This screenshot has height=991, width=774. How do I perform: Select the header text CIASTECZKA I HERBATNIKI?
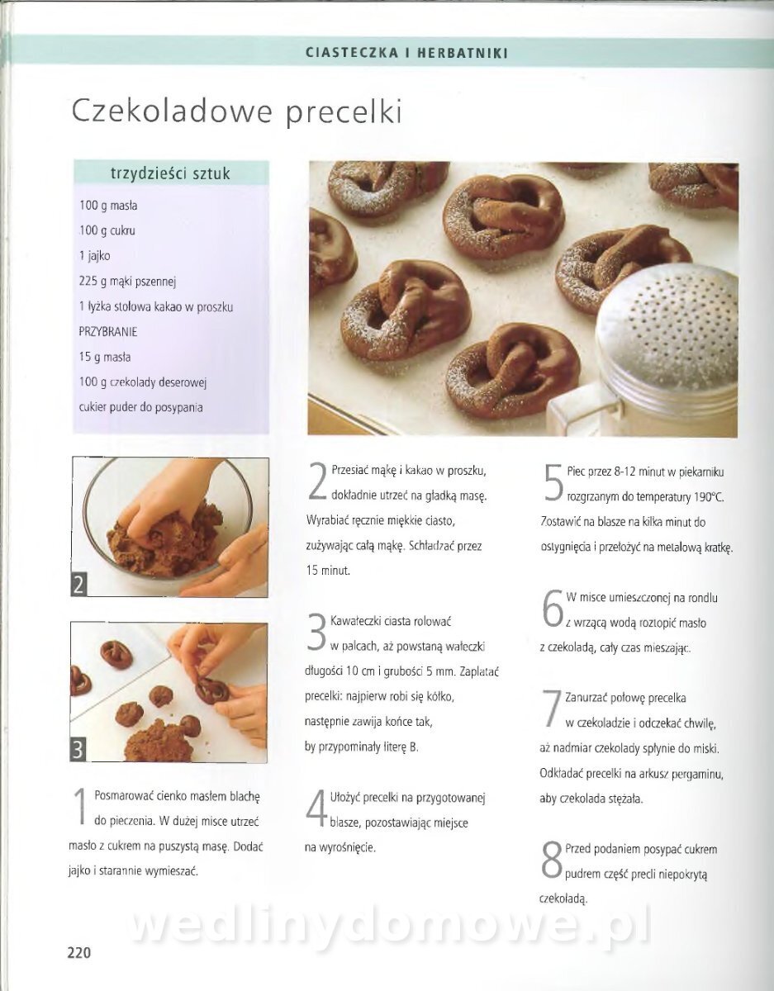(407, 54)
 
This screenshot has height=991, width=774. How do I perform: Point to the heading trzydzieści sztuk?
(171, 173)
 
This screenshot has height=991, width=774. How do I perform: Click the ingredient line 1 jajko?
(95, 256)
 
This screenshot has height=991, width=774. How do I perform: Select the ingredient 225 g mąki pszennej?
(128, 282)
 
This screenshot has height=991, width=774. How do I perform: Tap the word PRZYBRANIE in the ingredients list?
(108, 331)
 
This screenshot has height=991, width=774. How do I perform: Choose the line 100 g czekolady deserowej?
(143, 382)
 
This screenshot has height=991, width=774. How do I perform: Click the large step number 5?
(553, 483)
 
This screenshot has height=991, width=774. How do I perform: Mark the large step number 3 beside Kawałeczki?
(316, 633)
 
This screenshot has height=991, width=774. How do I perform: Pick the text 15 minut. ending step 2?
(329, 571)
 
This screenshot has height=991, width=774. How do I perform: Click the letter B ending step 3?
(413, 748)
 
